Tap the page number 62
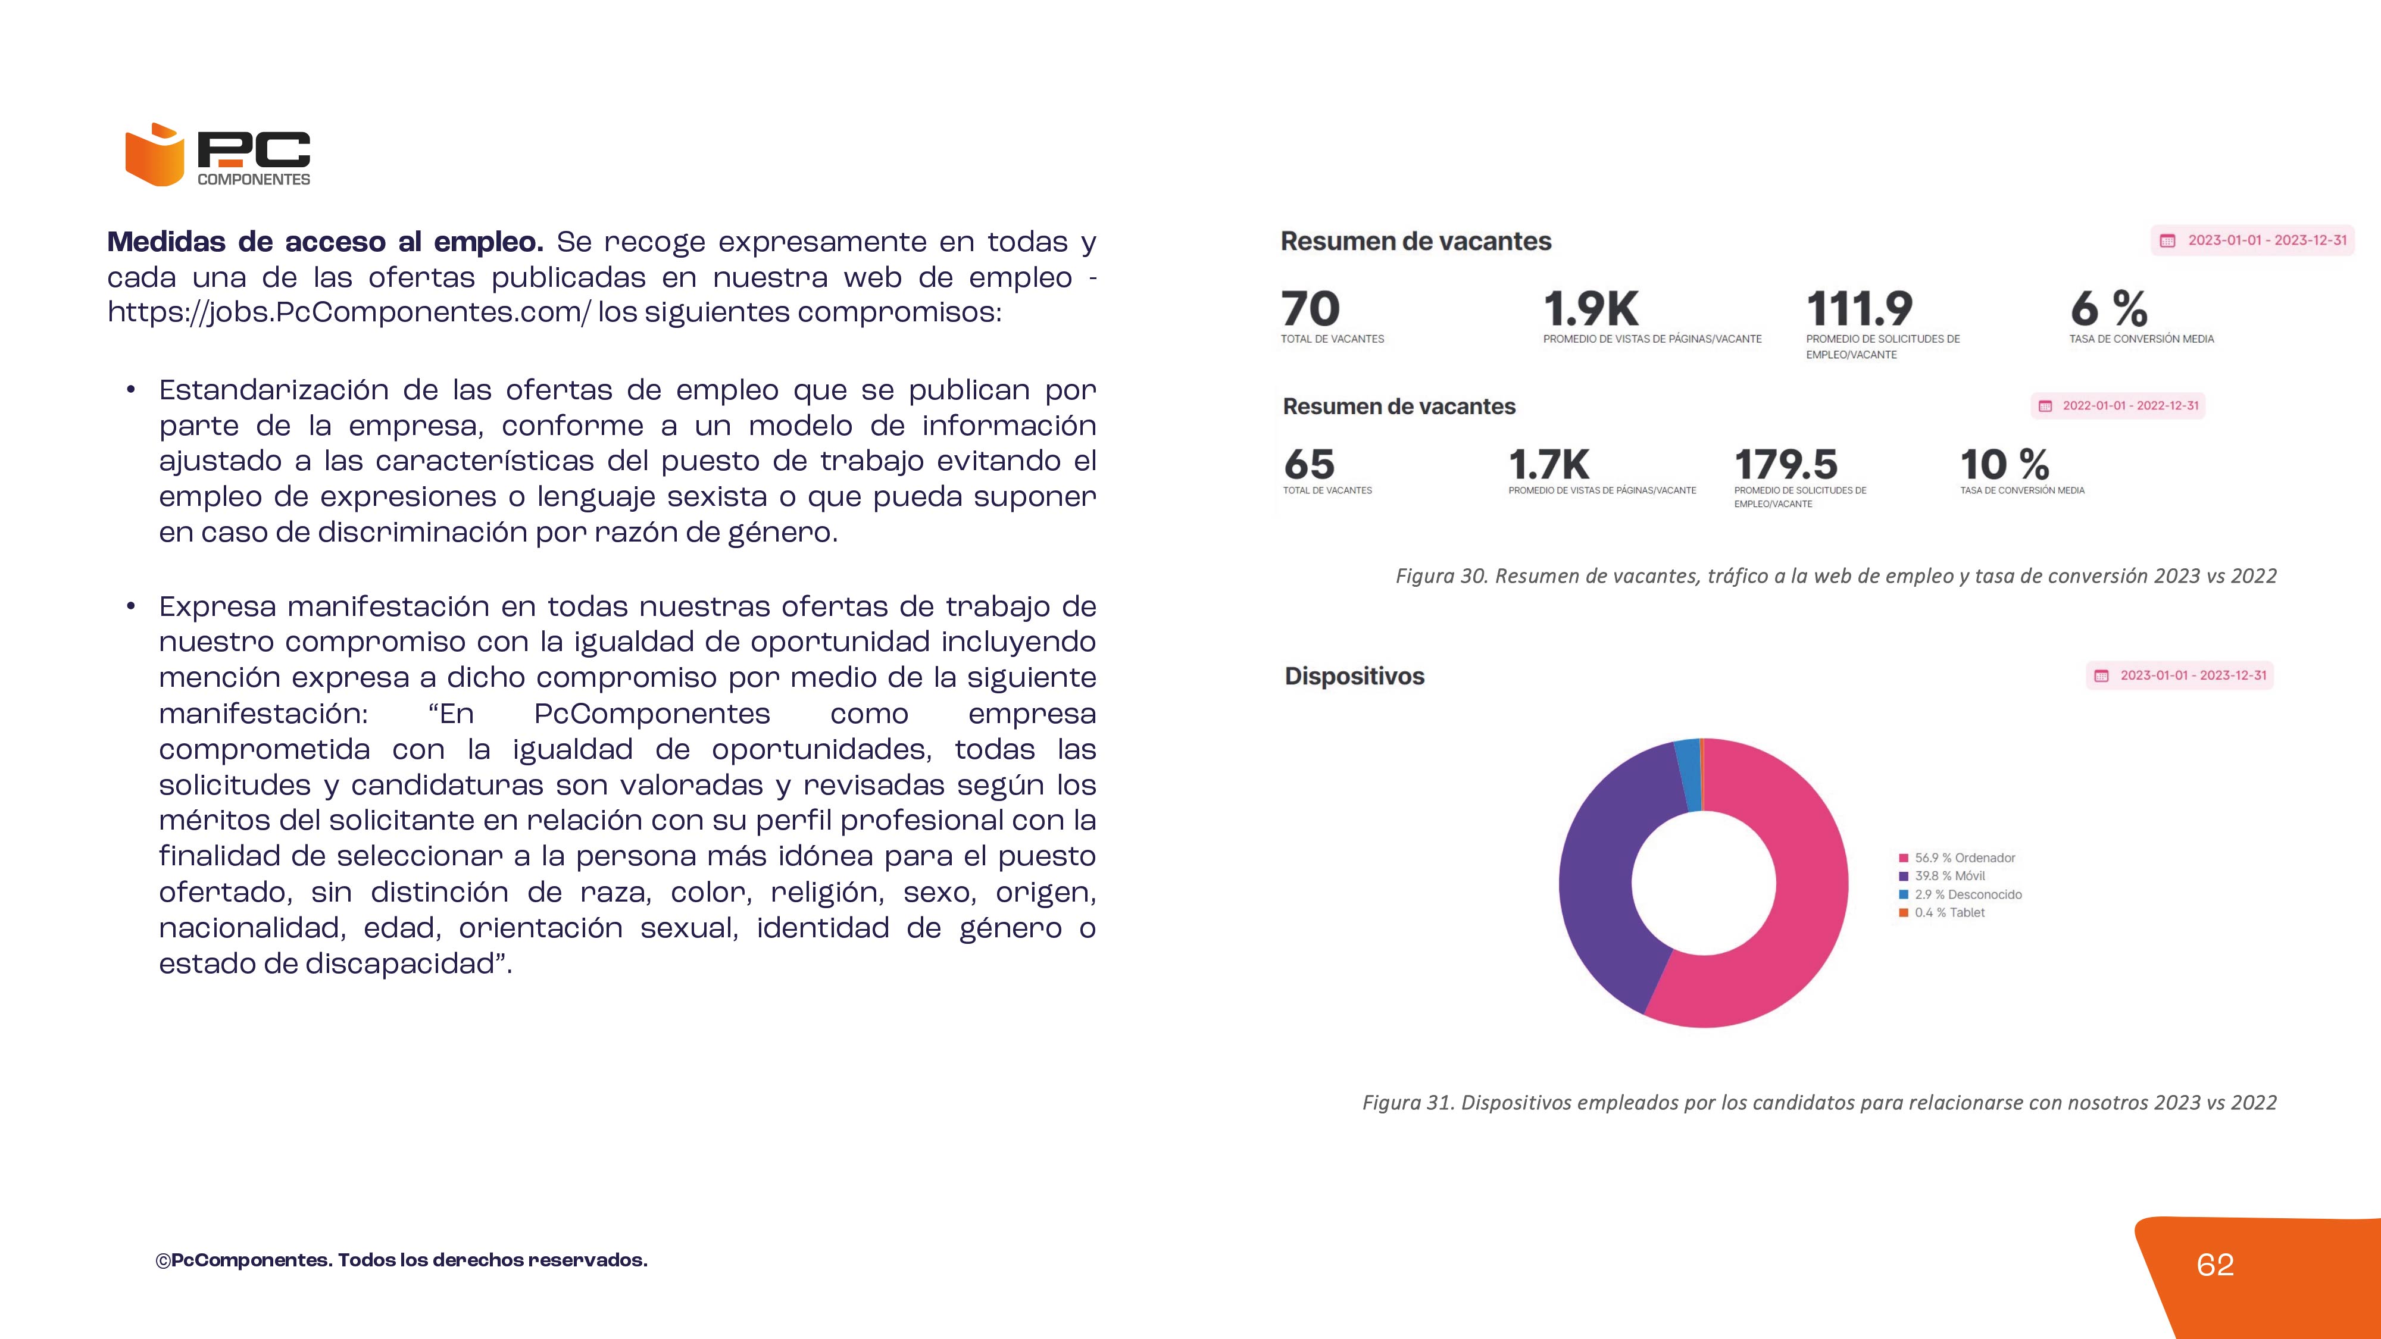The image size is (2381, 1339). click(2214, 1264)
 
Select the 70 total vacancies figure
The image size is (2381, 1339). click(1310, 309)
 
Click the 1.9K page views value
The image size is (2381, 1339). click(1591, 309)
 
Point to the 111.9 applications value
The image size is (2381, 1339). click(1859, 309)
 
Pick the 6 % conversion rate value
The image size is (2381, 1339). click(2108, 309)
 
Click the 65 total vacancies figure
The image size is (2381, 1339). click(1309, 464)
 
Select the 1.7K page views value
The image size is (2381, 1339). click(1549, 464)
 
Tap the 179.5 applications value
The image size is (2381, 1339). click(1786, 464)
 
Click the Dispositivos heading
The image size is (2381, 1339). click(1354, 677)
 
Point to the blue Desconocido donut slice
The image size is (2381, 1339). click(1688, 774)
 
